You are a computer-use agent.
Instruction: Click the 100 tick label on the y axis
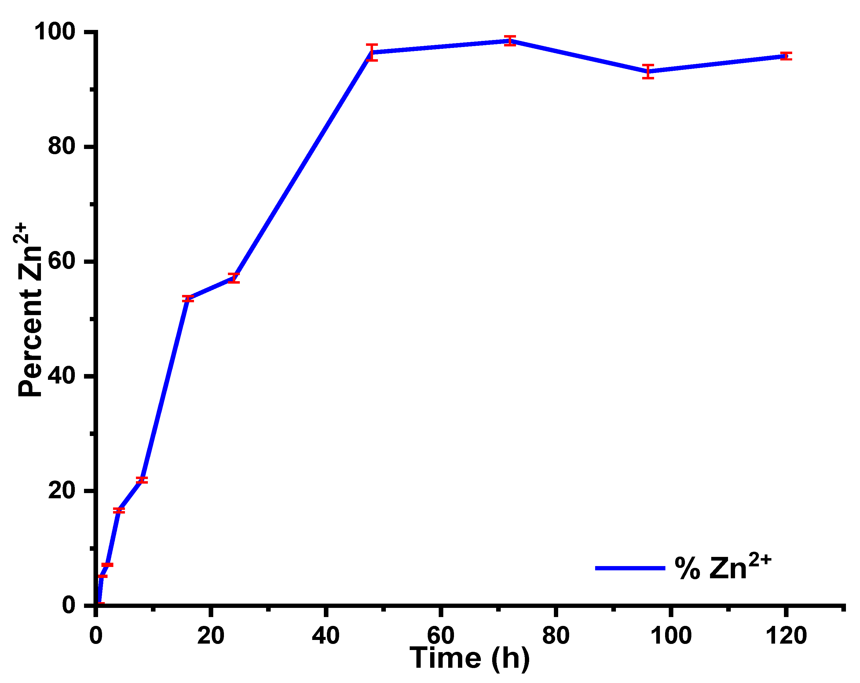tap(55, 32)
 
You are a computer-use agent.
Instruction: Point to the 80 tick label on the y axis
tap(62, 146)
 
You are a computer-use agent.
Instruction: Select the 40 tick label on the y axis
tap(62, 376)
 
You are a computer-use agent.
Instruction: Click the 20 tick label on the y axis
tap(62, 490)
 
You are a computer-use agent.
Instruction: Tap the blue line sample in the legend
tap(630, 568)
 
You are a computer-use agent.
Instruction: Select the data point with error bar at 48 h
tap(372, 52)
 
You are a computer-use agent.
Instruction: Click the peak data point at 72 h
tap(510, 40)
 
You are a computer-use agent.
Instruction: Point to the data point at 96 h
tap(648, 71)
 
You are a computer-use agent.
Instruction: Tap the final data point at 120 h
tap(786, 56)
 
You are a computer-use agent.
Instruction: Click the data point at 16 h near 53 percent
tap(188, 299)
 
